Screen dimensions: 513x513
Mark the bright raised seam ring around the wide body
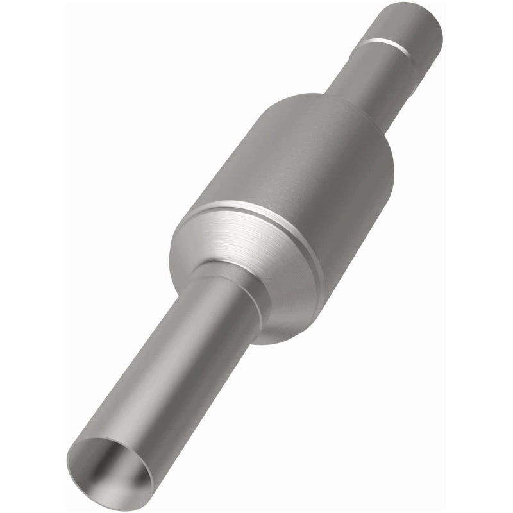click(x=256, y=212)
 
